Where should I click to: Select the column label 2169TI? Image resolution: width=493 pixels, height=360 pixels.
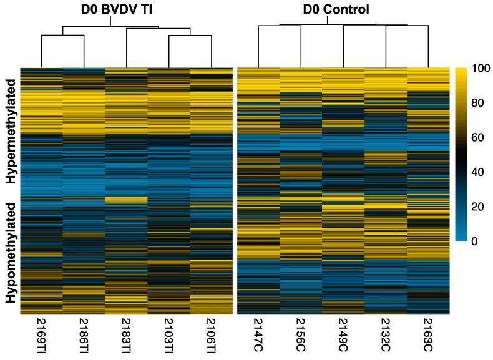pos(42,338)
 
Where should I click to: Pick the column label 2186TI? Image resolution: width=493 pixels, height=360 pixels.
pos(84,338)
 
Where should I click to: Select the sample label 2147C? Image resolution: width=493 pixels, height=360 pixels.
pos(258,336)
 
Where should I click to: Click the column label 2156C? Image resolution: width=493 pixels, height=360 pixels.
pos(301,336)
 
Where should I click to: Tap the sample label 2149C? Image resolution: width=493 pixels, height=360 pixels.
pos(343,336)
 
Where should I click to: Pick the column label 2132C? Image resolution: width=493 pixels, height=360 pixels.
pos(386,336)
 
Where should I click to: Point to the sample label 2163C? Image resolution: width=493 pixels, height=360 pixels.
pos(428,336)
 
